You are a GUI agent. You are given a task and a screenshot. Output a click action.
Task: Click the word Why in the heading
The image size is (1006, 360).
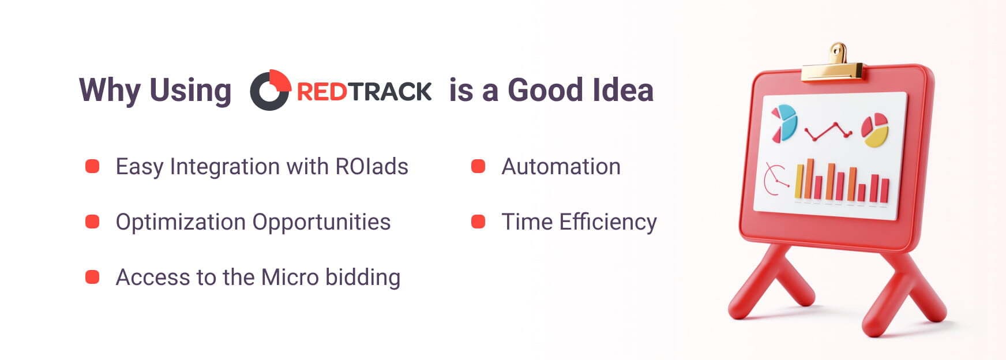coord(110,91)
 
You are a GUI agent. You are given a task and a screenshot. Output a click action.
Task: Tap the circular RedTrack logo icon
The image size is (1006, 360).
coord(269,90)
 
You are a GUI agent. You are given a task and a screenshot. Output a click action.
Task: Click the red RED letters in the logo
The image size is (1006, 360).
coord(321,92)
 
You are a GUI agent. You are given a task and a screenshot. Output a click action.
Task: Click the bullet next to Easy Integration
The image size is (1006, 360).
coord(92,167)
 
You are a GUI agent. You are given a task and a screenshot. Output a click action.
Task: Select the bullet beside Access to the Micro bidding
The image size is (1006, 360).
coord(92,277)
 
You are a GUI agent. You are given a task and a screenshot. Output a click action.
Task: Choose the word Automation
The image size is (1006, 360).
coord(561,167)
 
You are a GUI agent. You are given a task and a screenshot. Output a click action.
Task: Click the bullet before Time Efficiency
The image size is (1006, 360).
coord(478,222)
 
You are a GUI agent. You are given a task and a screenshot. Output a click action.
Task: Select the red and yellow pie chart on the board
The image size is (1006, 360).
coord(874,130)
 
